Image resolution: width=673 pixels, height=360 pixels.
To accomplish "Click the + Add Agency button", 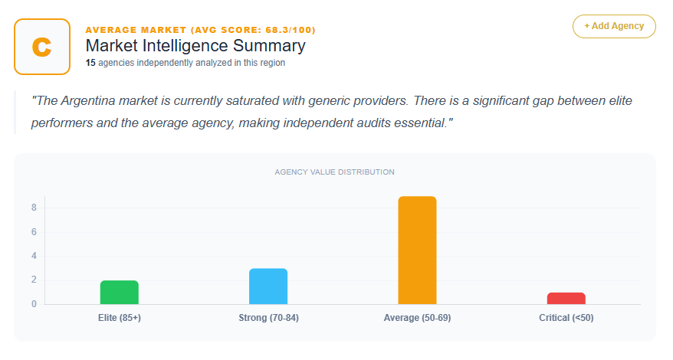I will point(614,26).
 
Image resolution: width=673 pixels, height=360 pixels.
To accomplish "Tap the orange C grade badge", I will point(42,47).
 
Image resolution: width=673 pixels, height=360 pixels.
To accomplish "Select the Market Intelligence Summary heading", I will point(195,46).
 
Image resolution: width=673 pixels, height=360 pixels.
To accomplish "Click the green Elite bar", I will point(119,293).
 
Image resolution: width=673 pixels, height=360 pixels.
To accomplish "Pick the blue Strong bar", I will point(268,286).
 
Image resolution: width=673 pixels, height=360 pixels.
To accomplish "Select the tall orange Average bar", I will point(417,250).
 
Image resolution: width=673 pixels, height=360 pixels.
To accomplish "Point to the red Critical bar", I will point(566,299).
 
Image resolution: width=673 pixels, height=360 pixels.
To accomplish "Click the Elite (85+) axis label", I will point(119,318).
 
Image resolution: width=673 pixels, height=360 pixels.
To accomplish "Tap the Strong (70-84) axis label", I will point(268,318).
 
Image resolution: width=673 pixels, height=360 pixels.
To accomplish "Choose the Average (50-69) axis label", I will point(417,318).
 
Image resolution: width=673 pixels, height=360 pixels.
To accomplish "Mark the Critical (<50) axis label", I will point(566,318).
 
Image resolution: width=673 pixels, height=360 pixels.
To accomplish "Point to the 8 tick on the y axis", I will point(34,208).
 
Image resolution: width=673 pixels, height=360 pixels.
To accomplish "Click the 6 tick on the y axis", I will point(34,232).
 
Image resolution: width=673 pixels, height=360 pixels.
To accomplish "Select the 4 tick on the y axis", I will point(34,256).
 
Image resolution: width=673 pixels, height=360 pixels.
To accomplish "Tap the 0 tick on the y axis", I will point(34,304).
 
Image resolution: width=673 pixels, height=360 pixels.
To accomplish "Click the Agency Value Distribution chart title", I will point(335,172).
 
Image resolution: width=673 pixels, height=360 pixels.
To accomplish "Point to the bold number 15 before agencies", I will point(90,63).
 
